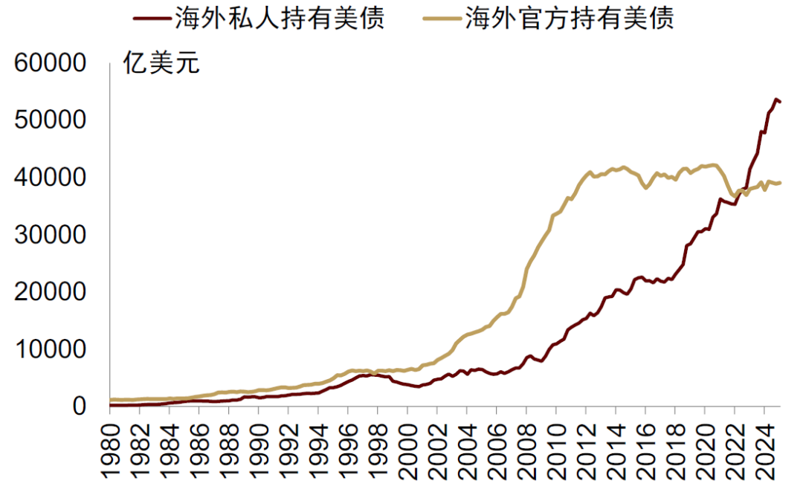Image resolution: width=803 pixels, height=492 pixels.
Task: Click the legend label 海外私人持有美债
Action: (279, 19)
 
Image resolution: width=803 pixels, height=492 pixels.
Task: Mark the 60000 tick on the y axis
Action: (51, 64)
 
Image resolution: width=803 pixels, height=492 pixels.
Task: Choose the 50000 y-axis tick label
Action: (51, 120)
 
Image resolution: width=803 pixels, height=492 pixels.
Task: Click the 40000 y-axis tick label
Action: (51, 178)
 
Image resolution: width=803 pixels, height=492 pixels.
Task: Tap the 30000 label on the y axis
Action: (51, 235)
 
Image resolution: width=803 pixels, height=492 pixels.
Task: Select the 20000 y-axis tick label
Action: (51, 292)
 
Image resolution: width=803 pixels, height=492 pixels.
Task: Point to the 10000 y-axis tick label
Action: (51, 349)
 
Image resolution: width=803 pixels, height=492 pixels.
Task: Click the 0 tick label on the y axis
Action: (82, 406)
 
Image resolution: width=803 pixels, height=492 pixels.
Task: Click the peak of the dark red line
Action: (775, 99)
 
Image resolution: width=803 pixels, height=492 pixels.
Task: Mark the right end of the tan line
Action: (780, 182)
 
